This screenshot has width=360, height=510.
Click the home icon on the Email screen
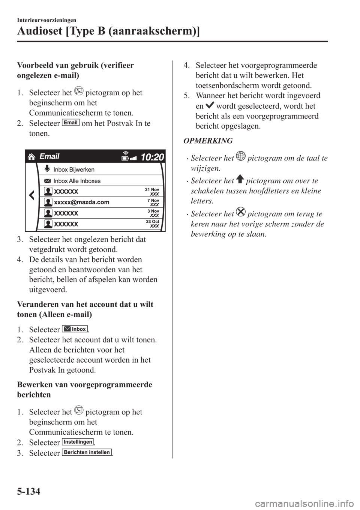click(x=31, y=157)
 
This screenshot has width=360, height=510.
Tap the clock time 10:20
click(x=153, y=157)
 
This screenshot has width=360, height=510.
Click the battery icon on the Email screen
click(x=125, y=158)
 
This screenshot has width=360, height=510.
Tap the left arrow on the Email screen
click(x=31, y=195)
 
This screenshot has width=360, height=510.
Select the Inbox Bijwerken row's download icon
click(x=47, y=169)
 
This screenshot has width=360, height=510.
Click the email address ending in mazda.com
click(x=82, y=202)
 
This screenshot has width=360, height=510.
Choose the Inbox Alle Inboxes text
click(x=77, y=181)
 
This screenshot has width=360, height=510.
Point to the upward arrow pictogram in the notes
click(x=240, y=180)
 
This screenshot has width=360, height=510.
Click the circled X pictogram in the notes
click(x=241, y=213)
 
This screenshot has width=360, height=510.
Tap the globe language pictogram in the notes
click(x=241, y=157)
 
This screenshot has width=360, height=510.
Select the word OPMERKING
click(x=208, y=141)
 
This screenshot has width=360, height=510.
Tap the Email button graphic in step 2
click(x=70, y=123)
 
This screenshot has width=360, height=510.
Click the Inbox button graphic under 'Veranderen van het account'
click(x=75, y=329)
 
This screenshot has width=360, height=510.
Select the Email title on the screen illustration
click(x=49, y=156)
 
